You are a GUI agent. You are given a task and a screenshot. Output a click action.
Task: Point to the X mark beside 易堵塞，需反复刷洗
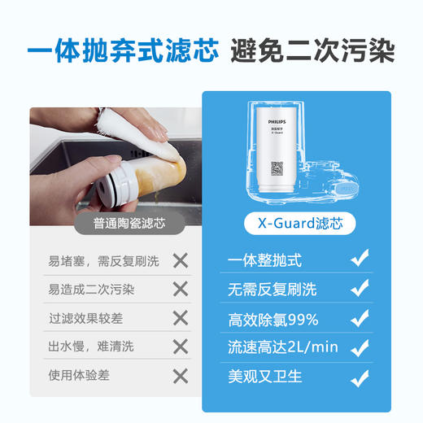(181, 261)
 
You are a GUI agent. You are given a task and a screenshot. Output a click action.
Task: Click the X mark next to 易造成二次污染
(181, 290)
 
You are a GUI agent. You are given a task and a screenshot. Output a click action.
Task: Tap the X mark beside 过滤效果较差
(181, 318)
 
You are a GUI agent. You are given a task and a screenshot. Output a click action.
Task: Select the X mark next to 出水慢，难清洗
(181, 347)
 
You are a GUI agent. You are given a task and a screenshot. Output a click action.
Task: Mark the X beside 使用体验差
(181, 375)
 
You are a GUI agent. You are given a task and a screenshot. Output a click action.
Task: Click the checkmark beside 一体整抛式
(359, 259)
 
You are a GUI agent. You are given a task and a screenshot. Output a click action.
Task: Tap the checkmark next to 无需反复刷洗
(359, 289)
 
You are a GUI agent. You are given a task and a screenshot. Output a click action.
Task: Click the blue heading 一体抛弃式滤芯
(122, 51)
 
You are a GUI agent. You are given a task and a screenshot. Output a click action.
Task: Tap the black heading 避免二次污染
(314, 51)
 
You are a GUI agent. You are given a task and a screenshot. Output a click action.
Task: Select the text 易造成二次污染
(91, 290)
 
